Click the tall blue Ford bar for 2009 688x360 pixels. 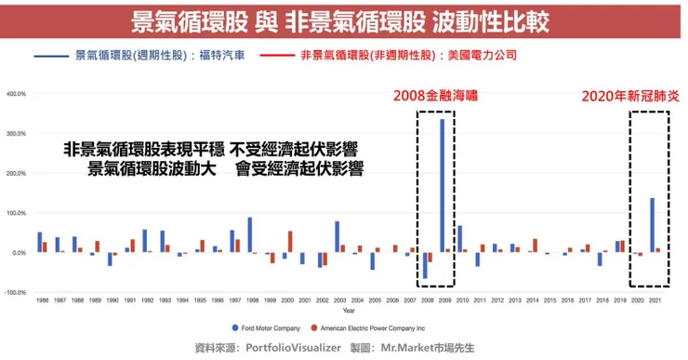pos(441,186)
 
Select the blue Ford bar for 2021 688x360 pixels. pos(652,224)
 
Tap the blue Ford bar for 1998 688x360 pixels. pos(250,234)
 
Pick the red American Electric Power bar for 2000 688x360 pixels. pos(289,242)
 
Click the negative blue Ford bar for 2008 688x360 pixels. pos(424,265)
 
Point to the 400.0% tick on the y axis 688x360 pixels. pos(16,94)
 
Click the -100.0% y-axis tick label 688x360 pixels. pos(16,292)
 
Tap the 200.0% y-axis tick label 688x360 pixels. pos(16,173)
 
